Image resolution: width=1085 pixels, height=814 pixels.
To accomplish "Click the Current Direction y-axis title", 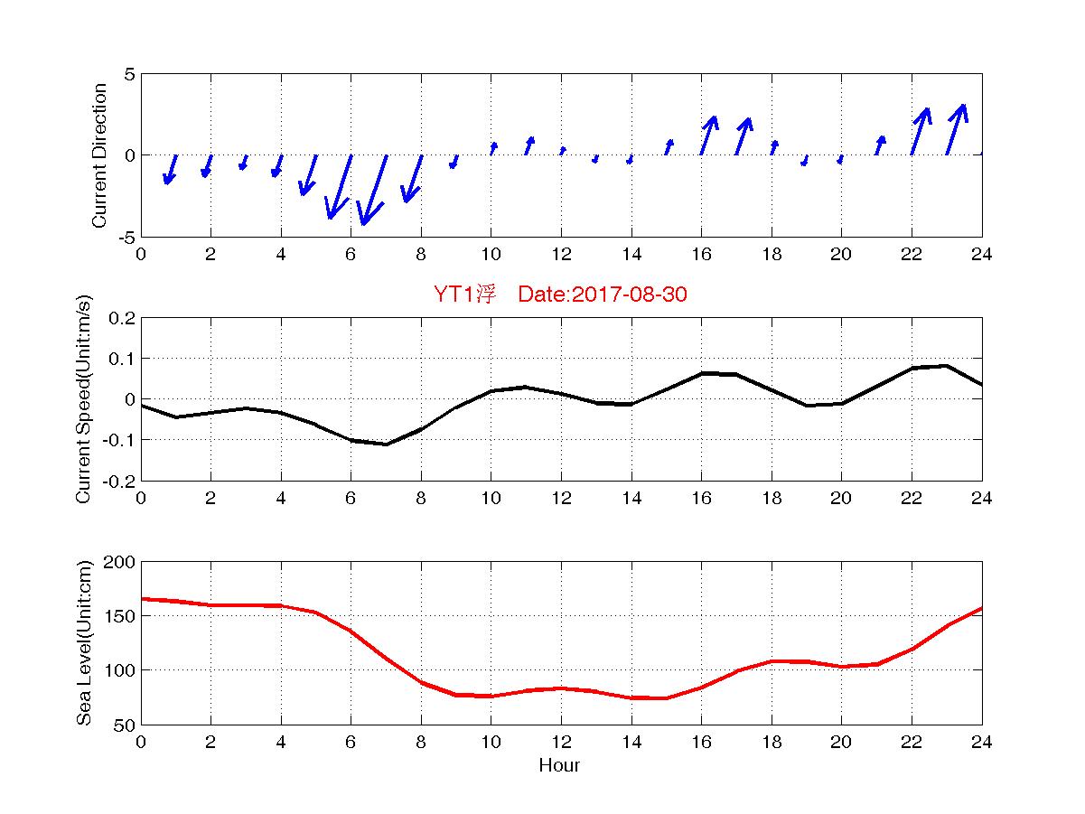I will [x=99, y=155].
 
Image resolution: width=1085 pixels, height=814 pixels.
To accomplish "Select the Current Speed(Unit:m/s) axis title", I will [x=83, y=399].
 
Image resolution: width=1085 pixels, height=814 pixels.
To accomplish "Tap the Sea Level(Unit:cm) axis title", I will [x=83, y=642].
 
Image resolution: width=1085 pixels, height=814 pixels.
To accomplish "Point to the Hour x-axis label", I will [x=559, y=766].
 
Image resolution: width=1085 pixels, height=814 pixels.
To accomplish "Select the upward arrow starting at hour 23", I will [x=956, y=130].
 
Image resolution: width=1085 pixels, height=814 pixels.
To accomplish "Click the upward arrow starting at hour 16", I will [x=708, y=136].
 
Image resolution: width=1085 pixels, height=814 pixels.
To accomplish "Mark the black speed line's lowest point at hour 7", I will [x=386, y=444].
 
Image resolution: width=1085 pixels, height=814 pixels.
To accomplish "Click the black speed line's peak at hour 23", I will [x=946, y=366].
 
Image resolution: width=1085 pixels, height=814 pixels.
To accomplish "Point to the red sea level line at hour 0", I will [x=142, y=599].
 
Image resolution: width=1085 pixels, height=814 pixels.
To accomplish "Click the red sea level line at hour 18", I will [x=772, y=661].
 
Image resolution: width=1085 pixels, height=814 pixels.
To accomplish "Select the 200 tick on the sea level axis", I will [x=122, y=562].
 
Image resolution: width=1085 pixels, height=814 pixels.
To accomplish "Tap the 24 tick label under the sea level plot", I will [x=981, y=743].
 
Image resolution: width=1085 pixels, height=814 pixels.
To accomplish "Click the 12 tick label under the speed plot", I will [x=561, y=499].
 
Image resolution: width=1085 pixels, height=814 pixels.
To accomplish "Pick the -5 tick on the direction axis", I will [x=126, y=237].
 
